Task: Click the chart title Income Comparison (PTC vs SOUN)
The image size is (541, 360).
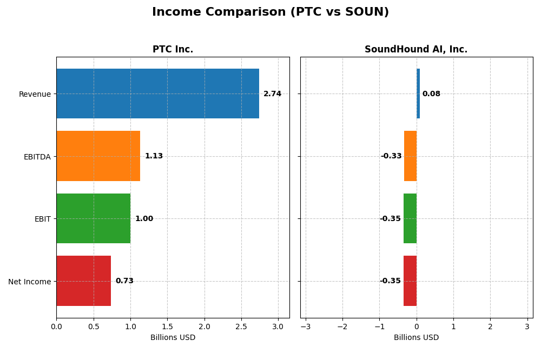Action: click(x=270, y=12)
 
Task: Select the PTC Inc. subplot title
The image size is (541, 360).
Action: click(x=173, y=49)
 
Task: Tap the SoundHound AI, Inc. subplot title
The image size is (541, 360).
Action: click(x=415, y=49)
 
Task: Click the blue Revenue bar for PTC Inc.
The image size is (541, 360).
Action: click(x=157, y=94)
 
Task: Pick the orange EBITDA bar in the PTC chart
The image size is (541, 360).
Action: click(x=98, y=156)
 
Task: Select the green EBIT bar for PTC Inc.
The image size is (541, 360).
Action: click(x=93, y=218)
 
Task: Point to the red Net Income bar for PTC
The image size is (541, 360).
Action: click(x=83, y=281)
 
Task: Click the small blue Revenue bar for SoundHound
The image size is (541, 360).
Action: click(x=418, y=94)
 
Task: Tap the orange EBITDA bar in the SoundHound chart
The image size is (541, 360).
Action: click(x=410, y=156)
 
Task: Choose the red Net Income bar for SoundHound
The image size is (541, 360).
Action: click(x=410, y=281)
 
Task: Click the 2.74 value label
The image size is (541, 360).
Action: click(x=272, y=94)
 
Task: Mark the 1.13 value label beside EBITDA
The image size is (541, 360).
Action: click(x=154, y=156)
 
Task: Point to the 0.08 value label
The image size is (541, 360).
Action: click(x=431, y=94)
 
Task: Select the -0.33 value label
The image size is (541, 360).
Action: click(x=391, y=156)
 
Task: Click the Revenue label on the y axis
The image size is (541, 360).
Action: click(x=35, y=94)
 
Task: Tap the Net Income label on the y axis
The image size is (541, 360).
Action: click(x=29, y=281)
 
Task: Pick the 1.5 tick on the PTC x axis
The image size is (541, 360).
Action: click(x=167, y=326)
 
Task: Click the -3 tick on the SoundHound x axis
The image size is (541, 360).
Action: click(x=305, y=326)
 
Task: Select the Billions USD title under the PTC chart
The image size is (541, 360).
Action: click(x=173, y=337)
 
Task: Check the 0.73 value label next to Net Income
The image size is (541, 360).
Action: click(x=124, y=281)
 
